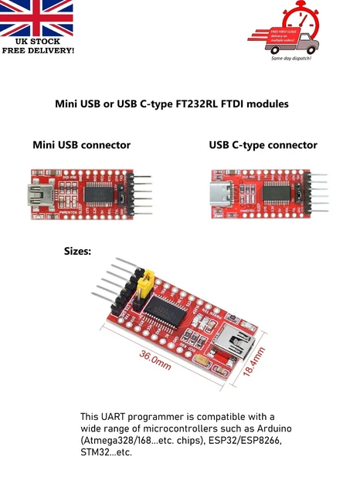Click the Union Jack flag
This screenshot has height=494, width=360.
37,19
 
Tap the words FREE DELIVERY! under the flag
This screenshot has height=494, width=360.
38,50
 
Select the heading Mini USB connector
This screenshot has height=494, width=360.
81,145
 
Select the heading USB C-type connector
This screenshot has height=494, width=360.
263,145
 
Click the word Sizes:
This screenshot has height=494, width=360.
77,251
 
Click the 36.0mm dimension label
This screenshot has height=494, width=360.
155,360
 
